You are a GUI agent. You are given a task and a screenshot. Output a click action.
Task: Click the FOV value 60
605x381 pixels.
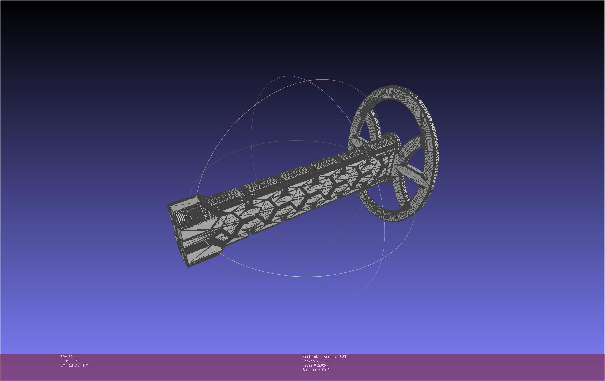[x=71, y=357]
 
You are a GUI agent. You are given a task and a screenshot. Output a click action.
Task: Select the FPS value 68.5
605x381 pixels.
[x=74, y=361]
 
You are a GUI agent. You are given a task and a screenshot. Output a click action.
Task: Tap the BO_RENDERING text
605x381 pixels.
[x=74, y=365]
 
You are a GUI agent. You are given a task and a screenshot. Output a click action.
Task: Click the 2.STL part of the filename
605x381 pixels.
[x=344, y=357]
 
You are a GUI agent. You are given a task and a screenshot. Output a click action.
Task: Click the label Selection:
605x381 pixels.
[x=310, y=370]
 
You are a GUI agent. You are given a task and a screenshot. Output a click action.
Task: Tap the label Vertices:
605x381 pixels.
[x=309, y=361]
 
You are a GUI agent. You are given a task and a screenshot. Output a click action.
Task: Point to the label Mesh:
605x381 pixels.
[x=307, y=357]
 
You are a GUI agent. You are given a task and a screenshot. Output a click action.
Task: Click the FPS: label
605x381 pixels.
[x=64, y=361]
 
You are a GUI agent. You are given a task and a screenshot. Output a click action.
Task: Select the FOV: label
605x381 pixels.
[x=64, y=357]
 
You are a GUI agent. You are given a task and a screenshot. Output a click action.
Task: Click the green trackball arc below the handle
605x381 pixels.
[x=289, y=274]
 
